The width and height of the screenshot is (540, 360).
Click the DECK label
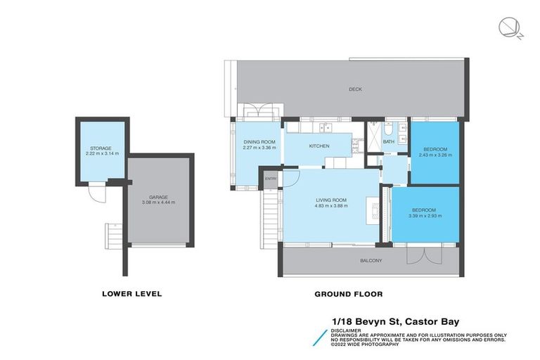click(x=355, y=89)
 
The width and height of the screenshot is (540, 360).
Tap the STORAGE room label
click(x=98, y=148)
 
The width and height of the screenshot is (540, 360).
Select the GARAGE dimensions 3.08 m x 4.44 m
click(x=157, y=202)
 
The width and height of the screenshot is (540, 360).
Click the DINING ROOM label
click(x=259, y=142)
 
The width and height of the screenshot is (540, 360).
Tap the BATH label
click(x=389, y=142)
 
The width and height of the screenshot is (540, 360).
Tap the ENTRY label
click(x=271, y=179)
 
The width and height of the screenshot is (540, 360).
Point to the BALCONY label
click(x=371, y=261)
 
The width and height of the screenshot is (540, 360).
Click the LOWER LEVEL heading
click(x=131, y=294)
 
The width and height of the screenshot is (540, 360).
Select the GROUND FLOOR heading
click(x=348, y=294)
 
